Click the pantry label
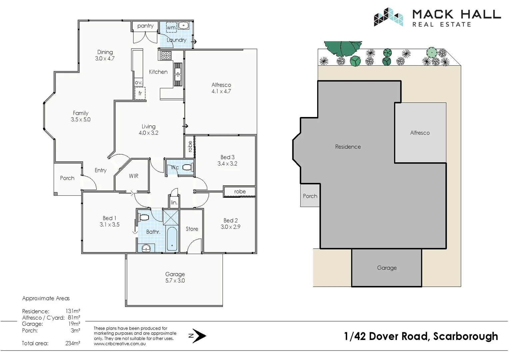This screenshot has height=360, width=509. (145, 26)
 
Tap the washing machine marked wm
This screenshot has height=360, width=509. (171, 27)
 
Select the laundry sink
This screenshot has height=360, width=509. (184, 25)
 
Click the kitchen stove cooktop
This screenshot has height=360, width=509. (165, 55)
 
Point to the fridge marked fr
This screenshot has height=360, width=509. (140, 93)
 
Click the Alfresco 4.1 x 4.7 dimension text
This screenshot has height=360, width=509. (221, 91)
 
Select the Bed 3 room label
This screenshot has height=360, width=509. (228, 157)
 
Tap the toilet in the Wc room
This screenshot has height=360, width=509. (188, 168)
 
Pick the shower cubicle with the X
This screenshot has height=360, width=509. (171, 218)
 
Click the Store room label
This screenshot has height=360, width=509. (192, 229)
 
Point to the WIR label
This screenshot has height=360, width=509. (134, 176)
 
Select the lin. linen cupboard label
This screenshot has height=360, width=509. (174, 202)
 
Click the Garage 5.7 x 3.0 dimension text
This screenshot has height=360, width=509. (175, 281)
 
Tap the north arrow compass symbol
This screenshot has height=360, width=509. (198, 336)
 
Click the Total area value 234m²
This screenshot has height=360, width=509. (73, 343)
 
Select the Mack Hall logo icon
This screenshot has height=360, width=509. (388, 17)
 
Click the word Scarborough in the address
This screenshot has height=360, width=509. (465, 336)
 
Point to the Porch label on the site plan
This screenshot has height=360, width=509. (310, 196)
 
